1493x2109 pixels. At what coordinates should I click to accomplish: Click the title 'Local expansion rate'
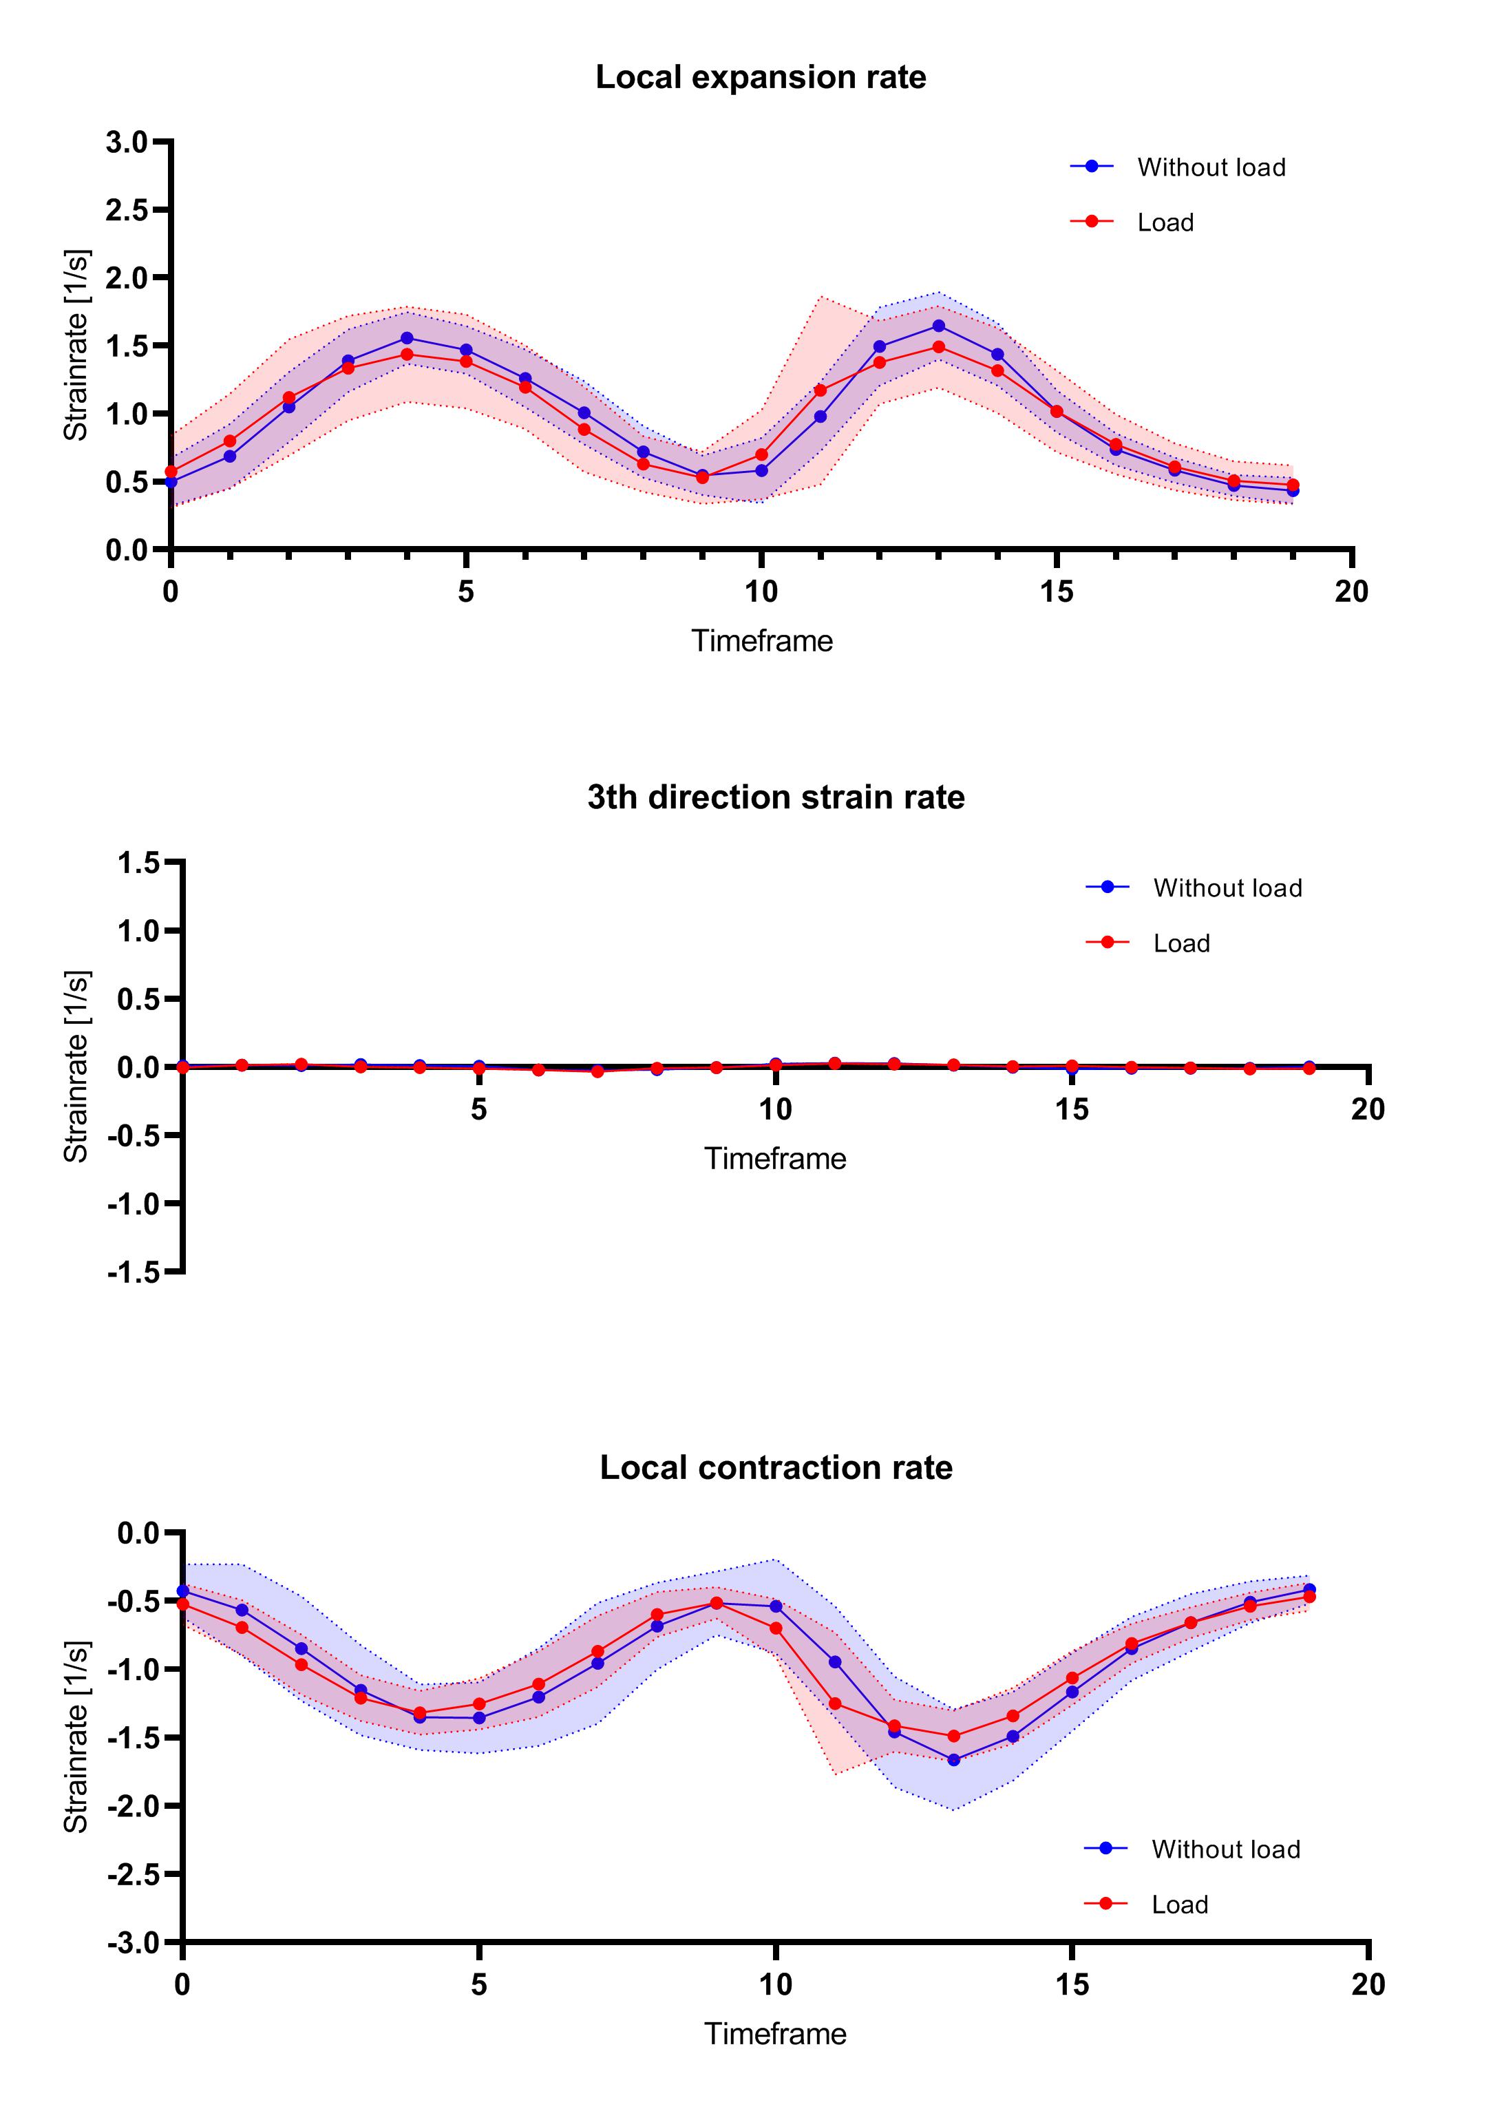761,77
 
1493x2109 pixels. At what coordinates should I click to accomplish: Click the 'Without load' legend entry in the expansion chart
1211,167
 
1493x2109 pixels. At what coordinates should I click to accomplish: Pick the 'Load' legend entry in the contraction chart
1180,1905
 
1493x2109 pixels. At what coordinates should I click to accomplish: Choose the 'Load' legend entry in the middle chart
1181,943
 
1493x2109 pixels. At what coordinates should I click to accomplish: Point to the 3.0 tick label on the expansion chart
126,142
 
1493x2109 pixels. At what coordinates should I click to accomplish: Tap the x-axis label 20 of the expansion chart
1351,592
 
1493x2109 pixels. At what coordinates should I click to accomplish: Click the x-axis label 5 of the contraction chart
479,1985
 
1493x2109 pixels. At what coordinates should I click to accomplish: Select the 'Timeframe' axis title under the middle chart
775,1158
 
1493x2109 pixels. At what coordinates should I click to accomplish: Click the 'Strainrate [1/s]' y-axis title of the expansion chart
76,345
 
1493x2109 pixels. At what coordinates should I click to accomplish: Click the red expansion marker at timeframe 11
820,390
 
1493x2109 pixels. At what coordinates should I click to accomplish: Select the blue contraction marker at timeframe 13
953,1760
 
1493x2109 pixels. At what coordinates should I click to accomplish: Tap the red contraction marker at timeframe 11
835,1703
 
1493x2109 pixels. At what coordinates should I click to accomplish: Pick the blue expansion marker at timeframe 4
407,337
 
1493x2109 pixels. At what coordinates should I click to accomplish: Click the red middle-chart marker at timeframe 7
597,1071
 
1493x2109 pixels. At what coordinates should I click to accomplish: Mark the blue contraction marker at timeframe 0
183,1591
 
